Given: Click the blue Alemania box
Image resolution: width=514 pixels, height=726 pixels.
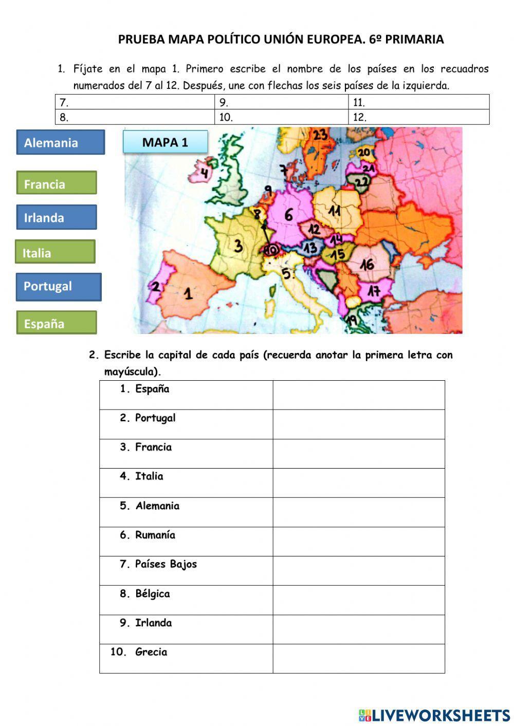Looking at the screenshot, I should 60,142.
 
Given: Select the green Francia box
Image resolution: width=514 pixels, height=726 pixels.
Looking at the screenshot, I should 56,183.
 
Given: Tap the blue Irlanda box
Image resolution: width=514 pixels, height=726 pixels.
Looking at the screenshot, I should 56,217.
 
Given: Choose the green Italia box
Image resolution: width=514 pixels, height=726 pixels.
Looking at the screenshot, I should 55,252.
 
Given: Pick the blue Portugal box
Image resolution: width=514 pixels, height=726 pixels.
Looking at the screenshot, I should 59,287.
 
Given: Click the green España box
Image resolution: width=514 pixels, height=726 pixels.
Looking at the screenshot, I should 56,323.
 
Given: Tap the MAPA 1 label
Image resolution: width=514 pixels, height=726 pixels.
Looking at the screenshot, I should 165,142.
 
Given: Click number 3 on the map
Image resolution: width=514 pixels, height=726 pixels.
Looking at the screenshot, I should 238,246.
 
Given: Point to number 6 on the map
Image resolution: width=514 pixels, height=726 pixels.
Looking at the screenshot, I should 288,215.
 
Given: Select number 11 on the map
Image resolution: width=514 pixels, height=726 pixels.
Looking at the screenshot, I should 335,211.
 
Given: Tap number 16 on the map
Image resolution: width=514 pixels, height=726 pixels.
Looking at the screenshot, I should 366,265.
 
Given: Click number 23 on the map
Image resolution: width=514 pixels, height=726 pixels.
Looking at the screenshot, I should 320,135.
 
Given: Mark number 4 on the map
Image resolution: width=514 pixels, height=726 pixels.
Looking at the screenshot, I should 205,173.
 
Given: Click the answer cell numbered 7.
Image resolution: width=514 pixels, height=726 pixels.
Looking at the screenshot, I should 135,102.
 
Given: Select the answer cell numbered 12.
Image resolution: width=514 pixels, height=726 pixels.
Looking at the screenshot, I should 418,117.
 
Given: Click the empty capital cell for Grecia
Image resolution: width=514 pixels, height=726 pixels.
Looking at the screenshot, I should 358,658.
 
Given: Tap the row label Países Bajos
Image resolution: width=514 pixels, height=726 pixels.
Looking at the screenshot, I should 166,564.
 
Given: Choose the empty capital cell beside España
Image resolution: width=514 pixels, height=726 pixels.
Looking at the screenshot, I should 358,395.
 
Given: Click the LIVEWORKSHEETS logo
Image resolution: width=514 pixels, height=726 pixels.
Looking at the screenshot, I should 434,715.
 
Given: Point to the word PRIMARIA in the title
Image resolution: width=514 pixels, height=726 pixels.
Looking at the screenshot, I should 414,40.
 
